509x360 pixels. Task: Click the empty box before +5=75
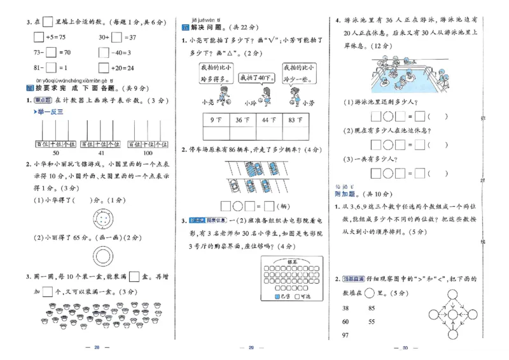(39, 37)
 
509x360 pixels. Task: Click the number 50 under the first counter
(55, 153)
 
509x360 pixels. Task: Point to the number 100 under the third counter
(148, 153)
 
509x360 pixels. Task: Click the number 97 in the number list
(346, 335)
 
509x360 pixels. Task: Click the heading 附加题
(346, 193)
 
